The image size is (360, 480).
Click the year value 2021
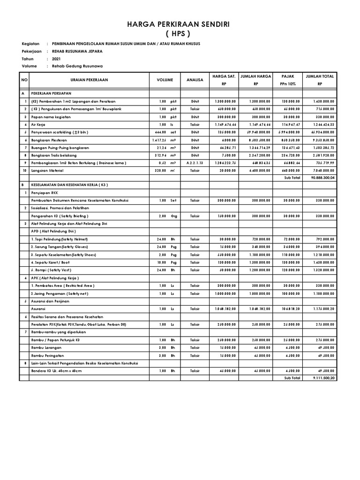click(57, 59)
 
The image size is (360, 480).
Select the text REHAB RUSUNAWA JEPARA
click(77, 51)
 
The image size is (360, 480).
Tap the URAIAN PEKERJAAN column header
click(89, 80)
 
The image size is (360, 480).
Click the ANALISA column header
click(195, 80)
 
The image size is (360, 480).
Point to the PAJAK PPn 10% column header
click(287, 80)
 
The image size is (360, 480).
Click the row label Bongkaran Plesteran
click(49, 140)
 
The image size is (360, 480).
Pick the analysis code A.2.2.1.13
click(195, 163)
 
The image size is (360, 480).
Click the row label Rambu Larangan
click(46, 347)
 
